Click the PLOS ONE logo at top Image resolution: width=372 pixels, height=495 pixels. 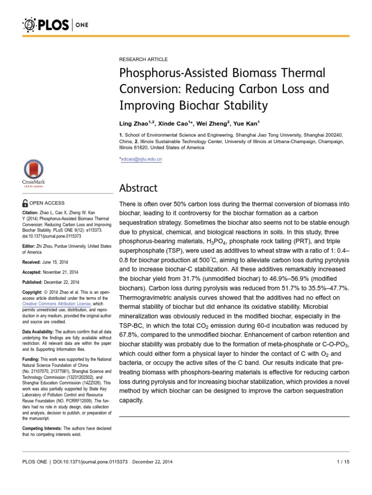pyautogui.click(x=54, y=24)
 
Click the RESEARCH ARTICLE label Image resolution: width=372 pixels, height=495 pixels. pyautogui.click(x=143, y=59)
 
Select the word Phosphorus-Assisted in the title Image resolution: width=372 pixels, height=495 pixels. pyautogui.click(x=168, y=73)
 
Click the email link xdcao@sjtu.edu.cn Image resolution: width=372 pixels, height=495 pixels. pyautogui.click(x=141, y=159)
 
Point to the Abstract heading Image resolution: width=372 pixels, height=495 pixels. pyautogui.click(x=138, y=188)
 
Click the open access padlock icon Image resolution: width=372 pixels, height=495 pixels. pyautogui.click(x=26, y=203)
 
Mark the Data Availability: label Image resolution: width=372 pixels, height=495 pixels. pyautogui.click(x=39, y=332)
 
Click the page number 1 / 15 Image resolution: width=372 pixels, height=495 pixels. pyautogui.click(x=342, y=462)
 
